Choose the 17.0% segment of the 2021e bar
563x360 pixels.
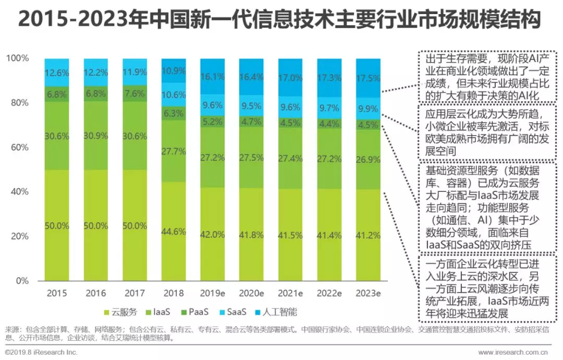pyautogui.click(x=290, y=77)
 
